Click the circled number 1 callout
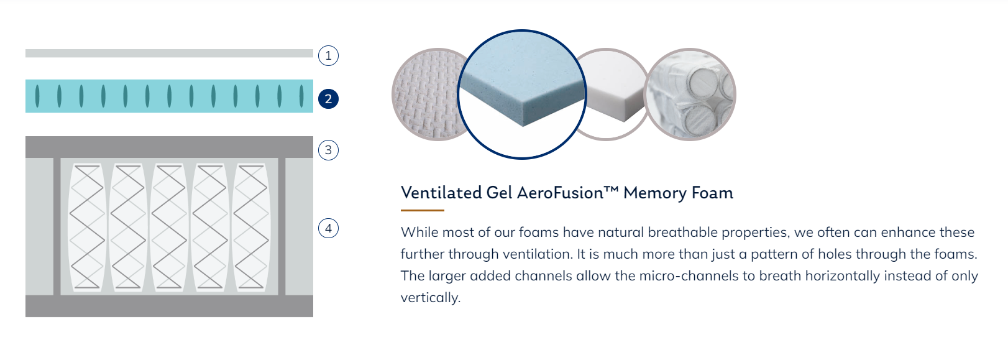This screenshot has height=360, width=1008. click(x=328, y=56)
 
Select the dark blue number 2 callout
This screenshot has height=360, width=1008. click(x=328, y=99)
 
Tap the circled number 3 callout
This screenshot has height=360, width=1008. click(x=328, y=150)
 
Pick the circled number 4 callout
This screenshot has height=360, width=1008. click(x=328, y=228)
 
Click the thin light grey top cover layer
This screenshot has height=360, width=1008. click(x=169, y=53)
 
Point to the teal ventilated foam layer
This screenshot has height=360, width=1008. click(x=169, y=96)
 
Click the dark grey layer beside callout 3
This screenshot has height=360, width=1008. click(x=169, y=147)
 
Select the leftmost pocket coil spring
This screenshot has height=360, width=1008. click(x=86, y=227)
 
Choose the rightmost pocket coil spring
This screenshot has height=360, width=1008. click(x=250, y=227)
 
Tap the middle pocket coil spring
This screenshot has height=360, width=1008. click(x=169, y=227)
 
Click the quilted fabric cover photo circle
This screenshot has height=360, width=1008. click(x=425, y=95)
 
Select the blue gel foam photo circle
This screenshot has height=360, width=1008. click(x=521, y=94)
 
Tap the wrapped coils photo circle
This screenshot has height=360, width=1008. click(x=690, y=95)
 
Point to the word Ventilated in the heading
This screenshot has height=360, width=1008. click(x=441, y=193)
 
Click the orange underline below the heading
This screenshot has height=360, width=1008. click(x=422, y=210)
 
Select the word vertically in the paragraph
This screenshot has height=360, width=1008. click(x=431, y=298)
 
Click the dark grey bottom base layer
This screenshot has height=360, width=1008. click(x=169, y=306)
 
